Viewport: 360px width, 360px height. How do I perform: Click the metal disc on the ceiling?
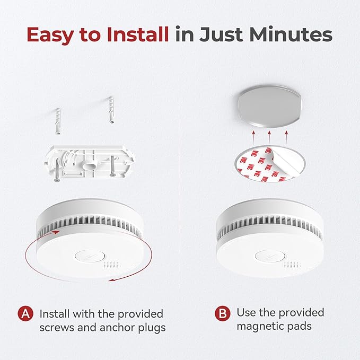point(270,107)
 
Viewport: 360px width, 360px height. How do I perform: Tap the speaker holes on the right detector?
point(289,264)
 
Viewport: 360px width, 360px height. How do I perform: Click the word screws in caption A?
point(55,328)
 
